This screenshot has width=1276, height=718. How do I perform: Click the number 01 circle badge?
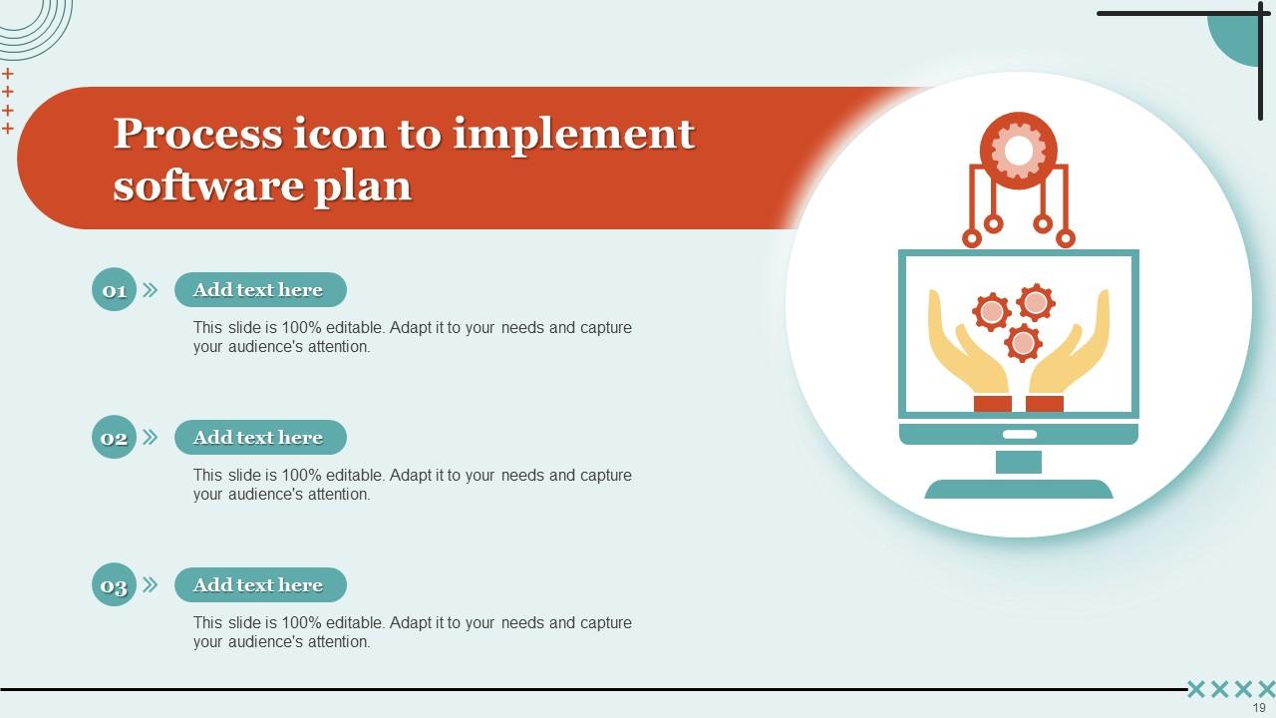pos(114,290)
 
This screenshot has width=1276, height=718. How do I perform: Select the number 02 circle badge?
pos(114,438)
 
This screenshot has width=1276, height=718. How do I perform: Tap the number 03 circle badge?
pos(114,585)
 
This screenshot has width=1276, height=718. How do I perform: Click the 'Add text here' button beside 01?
pos(260,290)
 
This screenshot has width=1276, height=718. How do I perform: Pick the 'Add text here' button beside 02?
pos(260,438)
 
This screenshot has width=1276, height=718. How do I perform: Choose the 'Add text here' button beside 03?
pos(260,585)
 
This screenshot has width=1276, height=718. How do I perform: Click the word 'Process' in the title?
pos(196,134)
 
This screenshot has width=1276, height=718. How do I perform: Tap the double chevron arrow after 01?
pos(151,290)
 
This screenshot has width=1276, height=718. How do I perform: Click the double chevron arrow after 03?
pos(151,585)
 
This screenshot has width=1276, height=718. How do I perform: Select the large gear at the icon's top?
pos(1018,151)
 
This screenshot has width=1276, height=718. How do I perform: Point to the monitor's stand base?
pos(1018,489)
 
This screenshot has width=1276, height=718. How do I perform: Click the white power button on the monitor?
pos(1019,435)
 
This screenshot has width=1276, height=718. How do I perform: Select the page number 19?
pos(1259,708)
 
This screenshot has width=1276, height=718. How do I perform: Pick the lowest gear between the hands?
pos(1023,343)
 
